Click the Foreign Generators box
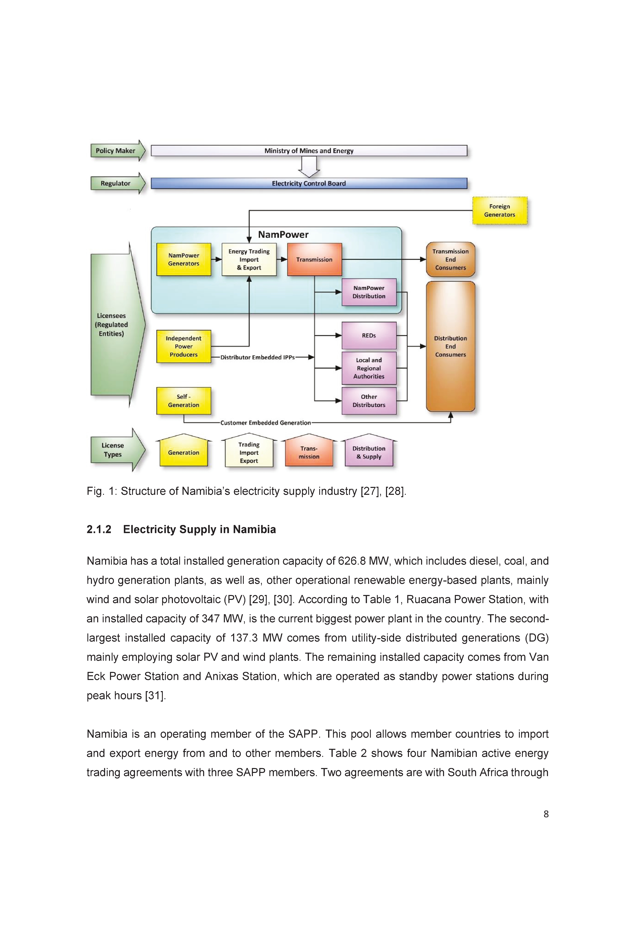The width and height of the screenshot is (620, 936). (x=500, y=210)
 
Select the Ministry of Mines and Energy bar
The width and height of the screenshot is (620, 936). (x=309, y=151)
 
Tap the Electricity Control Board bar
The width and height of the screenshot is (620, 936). (x=309, y=183)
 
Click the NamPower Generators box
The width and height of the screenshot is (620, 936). (x=184, y=259)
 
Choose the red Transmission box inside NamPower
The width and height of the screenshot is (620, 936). (x=314, y=259)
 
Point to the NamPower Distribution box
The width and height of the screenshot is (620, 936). (x=369, y=292)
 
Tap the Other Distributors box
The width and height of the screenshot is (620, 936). (x=369, y=401)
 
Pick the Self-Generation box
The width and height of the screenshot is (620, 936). (x=184, y=401)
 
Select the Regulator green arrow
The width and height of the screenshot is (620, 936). (x=118, y=183)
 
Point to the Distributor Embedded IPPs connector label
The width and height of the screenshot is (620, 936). (x=257, y=357)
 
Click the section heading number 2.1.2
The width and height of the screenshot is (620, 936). (x=99, y=529)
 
